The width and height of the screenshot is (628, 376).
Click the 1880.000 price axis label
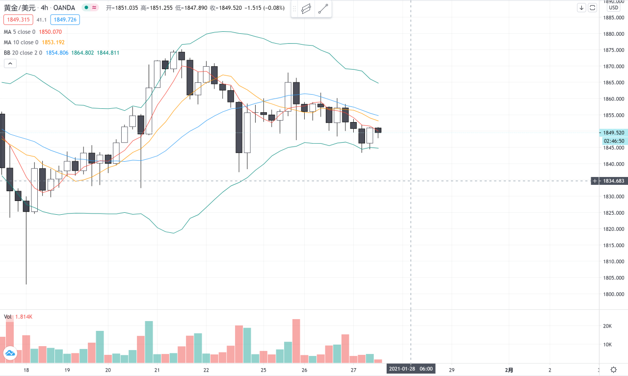point(613,34)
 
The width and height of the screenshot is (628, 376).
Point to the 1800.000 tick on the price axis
point(613,294)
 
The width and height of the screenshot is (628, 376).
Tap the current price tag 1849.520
point(613,132)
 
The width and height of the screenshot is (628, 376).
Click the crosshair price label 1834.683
point(613,181)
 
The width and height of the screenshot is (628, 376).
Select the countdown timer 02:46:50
point(614,141)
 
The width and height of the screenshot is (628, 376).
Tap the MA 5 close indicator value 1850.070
point(51,32)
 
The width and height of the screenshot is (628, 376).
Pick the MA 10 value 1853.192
point(52,42)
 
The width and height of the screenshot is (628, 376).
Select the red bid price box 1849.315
point(17,20)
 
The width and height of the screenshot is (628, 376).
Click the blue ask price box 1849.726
point(66,20)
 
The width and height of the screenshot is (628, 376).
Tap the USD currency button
point(613,7)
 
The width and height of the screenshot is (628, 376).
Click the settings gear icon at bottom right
point(613,369)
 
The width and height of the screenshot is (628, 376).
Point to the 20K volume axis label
point(607,326)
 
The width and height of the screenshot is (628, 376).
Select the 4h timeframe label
point(44,8)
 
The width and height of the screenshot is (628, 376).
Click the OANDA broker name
point(64,8)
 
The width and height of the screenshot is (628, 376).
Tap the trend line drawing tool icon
point(323,9)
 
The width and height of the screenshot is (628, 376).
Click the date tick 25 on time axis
point(263,370)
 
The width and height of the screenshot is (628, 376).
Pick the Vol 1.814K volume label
point(18,317)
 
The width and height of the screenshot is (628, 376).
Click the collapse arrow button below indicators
point(10,63)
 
